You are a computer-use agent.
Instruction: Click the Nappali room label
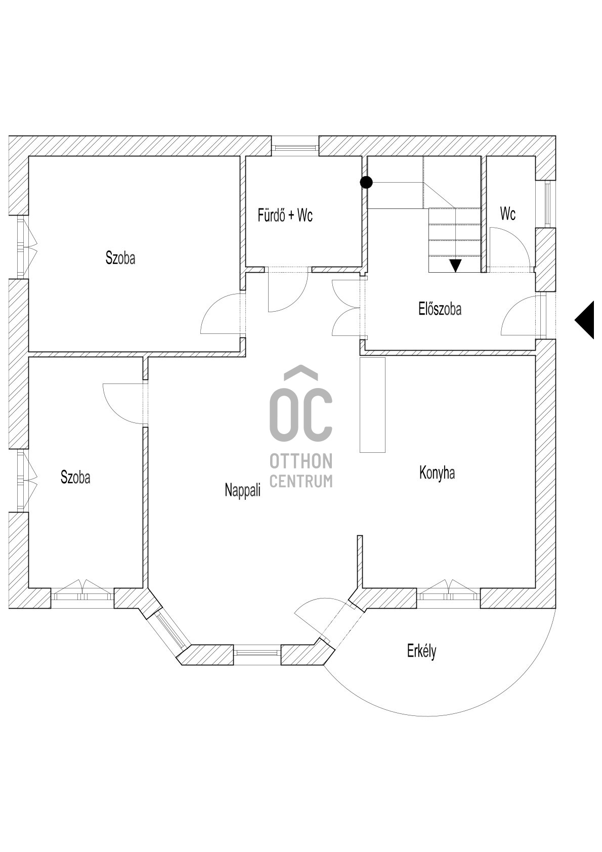(x=243, y=490)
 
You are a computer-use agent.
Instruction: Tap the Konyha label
(x=437, y=474)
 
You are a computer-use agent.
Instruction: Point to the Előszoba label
(x=440, y=309)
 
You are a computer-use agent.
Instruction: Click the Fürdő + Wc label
(x=285, y=216)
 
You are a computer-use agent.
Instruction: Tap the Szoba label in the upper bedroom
(x=120, y=258)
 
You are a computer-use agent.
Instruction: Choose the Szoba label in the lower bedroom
(x=75, y=477)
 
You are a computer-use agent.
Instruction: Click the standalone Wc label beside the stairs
(x=508, y=214)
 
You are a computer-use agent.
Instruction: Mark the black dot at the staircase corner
(x=366, y=183)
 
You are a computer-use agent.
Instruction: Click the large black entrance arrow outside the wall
(x=584, y=320)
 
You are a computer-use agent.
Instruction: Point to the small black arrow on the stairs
(x=456, y=266)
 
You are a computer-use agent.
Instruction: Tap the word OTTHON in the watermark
(x=301, y=461)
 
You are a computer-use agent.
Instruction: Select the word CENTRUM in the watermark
(x=301, y=481)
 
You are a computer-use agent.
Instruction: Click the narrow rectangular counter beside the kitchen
(x=373, y=405)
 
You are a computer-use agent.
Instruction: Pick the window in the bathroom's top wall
(x=295, y=146)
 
